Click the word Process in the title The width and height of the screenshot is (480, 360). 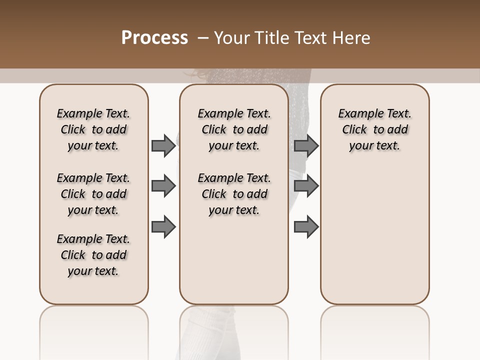tap(154, 38)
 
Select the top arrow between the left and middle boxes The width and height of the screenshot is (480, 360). tap(163, 145)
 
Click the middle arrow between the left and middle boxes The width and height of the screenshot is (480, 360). tap(163, 186)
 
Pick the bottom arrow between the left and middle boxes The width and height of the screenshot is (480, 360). tap(163, 227)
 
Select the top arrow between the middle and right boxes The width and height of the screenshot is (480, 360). tap(306, 145)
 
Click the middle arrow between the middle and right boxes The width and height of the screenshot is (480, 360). tap(306, 186)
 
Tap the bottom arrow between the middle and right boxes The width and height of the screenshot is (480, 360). tap(306, 227)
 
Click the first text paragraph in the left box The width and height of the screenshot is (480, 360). tap(93, 129)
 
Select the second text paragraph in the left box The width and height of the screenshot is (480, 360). tap(93, 194)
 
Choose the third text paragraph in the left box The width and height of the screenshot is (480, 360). tap(93, 255)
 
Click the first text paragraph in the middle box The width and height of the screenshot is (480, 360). tap(234, 129)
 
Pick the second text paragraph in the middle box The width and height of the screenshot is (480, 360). tap(234, 194)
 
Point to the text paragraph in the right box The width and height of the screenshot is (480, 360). tap(374, 129)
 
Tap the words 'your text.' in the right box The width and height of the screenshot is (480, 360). tap(374, 146)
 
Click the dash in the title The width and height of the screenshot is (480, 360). tap(203, 38)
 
